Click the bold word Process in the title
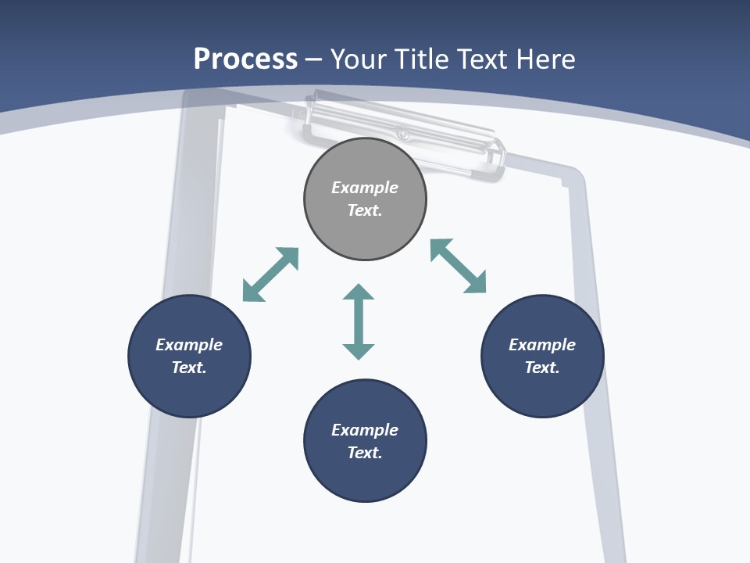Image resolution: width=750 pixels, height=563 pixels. (x=245, y=59)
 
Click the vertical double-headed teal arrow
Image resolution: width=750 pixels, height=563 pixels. (x=359, y=321)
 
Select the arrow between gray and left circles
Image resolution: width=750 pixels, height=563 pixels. (x=271, y=274)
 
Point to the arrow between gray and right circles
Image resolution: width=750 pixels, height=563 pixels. (x=459, y=266)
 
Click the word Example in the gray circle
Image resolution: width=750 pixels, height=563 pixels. (x=365, y=188)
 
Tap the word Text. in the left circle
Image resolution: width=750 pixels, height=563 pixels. (x=189, y=368)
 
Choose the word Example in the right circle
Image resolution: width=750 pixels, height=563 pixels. (x=542, y=345)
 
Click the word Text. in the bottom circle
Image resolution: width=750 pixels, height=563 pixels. (x=365, y=453)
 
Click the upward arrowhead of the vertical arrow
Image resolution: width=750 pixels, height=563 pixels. (x=359, y=292)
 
